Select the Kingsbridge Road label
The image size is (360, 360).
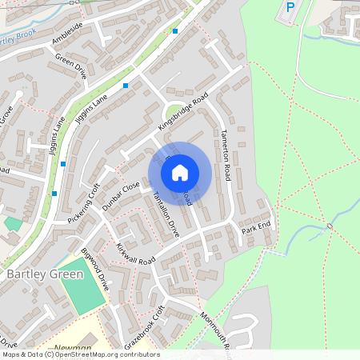[x=182, y=111]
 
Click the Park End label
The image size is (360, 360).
[x=257, y=230]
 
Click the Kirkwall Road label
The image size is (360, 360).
[x=135, y=254]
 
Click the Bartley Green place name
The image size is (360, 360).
[x=45, y=274]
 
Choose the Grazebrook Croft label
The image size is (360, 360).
[x=144, y=327]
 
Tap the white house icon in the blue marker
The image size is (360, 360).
[x=180, y=172]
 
